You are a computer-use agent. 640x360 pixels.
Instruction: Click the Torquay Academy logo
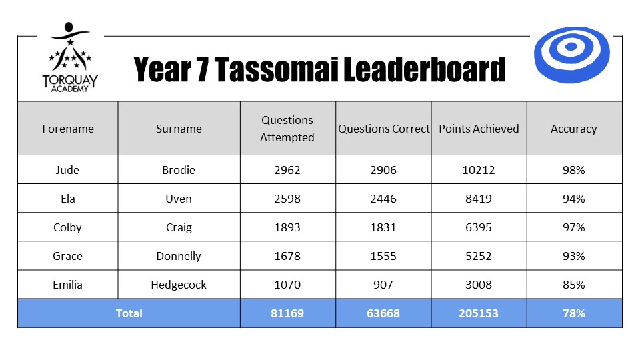click(70, 57)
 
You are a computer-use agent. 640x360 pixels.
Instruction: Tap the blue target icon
click(571, 55)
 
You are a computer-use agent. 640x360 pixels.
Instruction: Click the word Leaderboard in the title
click(425, 69)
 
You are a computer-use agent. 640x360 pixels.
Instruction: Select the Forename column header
click(68, 129)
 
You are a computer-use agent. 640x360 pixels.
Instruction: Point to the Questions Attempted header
click(287, 129)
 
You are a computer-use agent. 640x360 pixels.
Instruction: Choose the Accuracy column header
click(574, 129)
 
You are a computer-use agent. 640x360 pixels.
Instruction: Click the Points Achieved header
click(479, 129)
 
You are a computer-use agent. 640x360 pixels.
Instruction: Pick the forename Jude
click(67, 170)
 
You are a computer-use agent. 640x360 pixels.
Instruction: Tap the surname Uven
click(179, 199)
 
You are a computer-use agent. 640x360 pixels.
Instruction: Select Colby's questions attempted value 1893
click(287, 227)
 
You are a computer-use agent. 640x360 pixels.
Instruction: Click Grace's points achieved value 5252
click(479, 256)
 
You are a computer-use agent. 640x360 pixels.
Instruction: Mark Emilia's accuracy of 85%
click(574, 285)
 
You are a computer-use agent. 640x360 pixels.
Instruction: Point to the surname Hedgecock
click(179, 285)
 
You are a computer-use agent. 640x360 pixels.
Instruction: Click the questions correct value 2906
click(383, 170)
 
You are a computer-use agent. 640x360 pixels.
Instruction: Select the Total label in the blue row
click(129, 313)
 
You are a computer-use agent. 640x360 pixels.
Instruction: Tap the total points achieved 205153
click(479, 313)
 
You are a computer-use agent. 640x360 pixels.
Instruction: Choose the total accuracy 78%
click(574, 313)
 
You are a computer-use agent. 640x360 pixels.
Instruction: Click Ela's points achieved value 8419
click(479, 199)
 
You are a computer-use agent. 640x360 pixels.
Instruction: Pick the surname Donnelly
click(179, 256)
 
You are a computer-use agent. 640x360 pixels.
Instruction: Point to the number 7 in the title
click(203, 69)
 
